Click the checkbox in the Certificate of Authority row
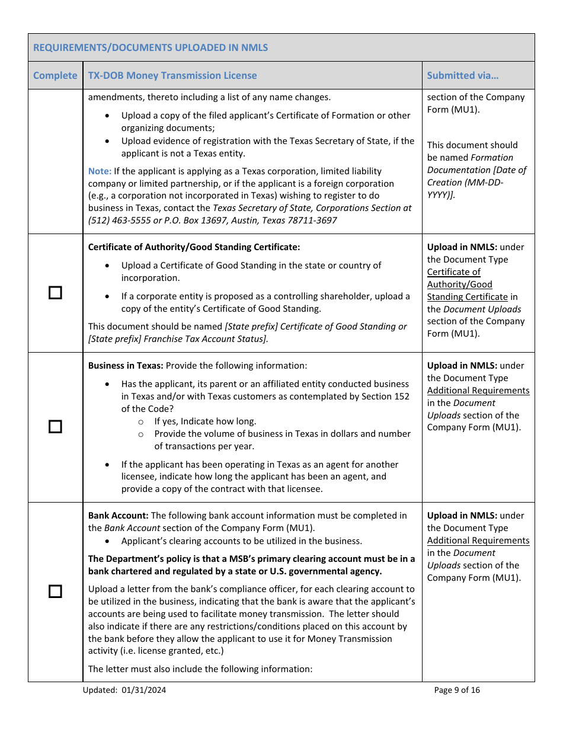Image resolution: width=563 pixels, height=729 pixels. click(55, 293)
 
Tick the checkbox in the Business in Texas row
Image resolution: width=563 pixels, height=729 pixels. click(55, 427)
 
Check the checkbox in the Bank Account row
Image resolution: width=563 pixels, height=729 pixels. click(55, 591)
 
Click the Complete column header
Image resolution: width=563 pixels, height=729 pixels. click(55, 75)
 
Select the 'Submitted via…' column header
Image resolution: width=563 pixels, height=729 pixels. click(462, 75)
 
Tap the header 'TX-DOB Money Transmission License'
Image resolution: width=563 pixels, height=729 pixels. click(172, 75)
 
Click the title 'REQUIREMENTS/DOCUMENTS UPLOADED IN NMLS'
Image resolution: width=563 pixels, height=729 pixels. click(151, 47)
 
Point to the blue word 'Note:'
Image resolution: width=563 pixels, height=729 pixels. click(100, 171)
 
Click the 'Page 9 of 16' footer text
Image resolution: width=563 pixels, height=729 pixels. click(457, 690)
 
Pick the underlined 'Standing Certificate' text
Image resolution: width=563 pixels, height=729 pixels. click(467, 297)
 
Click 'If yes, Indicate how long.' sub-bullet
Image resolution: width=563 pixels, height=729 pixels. click(205, 421)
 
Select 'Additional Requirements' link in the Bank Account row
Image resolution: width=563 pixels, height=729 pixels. click(478, 541)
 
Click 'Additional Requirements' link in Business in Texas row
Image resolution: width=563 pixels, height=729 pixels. click(478, 391)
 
